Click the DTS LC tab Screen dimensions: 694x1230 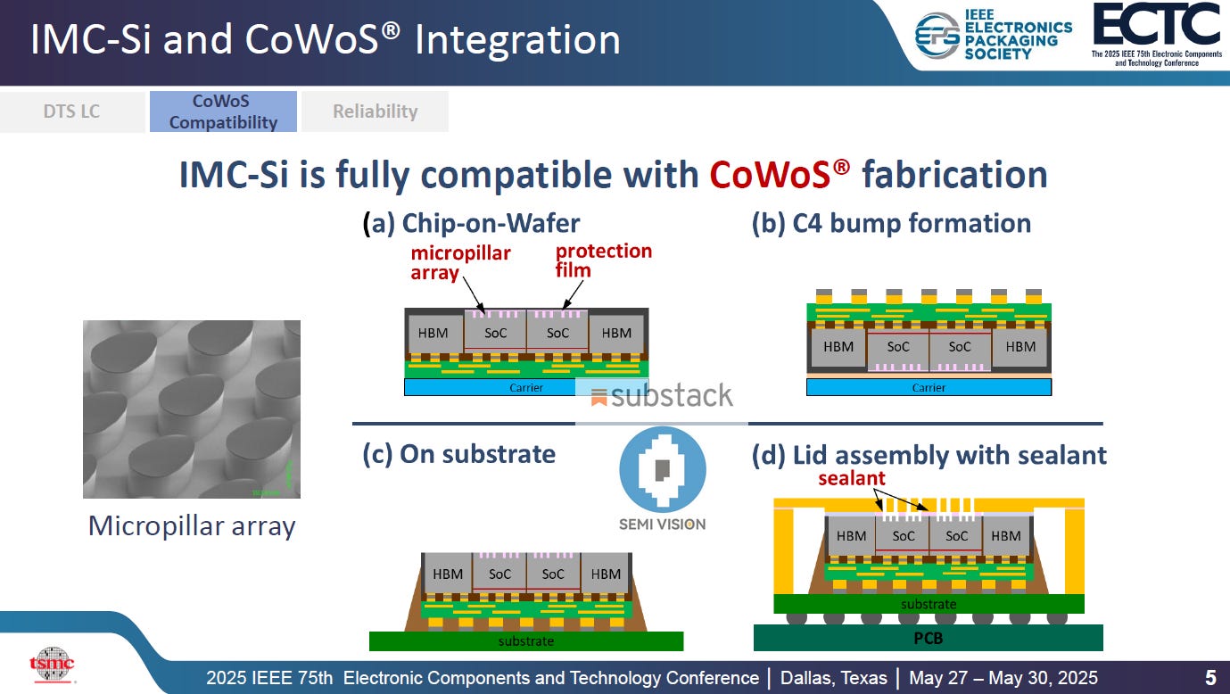tap(72, 112)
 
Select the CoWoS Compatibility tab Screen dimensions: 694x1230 tap(223, 112)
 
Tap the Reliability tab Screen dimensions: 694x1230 tap(375, 112)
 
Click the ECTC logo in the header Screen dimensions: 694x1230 tap(1156, 34)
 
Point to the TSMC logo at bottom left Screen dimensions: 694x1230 tap(52, 665)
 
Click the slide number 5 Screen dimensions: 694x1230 tap(1210, 677)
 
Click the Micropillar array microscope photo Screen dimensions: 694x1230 tap(192, 409)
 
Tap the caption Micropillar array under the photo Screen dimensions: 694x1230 tap(192, 526)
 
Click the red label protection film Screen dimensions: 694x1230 tap(603, 260)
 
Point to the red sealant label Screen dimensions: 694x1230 tap(853, 479)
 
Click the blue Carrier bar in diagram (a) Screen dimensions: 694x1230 tap(526, 387)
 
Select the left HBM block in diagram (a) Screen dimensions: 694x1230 tap(435, 334)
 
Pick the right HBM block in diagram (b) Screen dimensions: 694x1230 tap(1020, 347)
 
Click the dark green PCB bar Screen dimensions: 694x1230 tap(928, 638)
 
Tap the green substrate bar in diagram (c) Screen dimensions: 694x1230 tap(526, 641)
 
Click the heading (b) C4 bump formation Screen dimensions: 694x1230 tap(891, 223)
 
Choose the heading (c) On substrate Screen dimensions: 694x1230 tap(458, 454)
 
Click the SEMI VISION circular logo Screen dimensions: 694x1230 tap(662, 470)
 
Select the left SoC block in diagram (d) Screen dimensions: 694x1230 tap(903, 536)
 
